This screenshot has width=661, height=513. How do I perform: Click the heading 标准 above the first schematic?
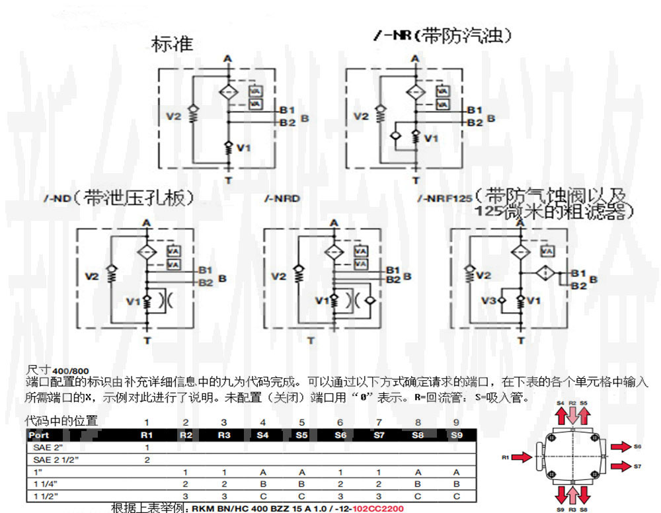point(172,44)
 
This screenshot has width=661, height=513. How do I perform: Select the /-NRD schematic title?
point(278,198)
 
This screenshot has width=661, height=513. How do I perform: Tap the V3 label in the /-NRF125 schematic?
point(488,301)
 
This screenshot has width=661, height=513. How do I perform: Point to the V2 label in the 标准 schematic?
point(173,116)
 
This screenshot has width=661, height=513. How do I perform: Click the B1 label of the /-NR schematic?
point(475,110)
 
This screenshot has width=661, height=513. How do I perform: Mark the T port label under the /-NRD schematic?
point(311,341)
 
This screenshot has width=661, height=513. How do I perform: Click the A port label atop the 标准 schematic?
point(228,59)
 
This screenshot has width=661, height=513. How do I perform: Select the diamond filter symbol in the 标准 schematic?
point(228,92)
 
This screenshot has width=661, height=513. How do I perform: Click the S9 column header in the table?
point(456,436)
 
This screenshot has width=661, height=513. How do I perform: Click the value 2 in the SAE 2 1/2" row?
point(147,459)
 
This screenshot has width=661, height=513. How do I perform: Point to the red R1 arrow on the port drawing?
point(521,457)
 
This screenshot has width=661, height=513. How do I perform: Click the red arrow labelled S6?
point(621,448)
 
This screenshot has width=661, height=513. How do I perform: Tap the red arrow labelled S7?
point(621,467)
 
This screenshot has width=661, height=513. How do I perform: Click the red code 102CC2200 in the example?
point(378,509)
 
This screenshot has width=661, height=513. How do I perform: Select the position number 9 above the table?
point(456,422)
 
